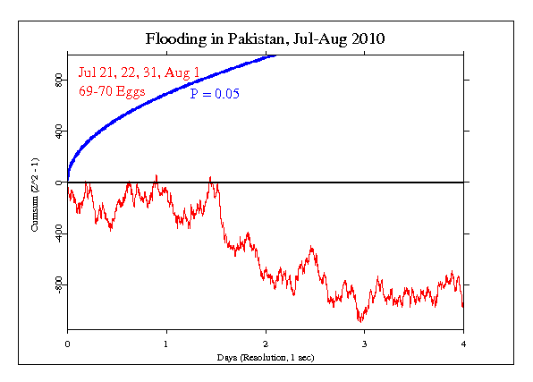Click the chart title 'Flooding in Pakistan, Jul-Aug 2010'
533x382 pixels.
click(266, 39)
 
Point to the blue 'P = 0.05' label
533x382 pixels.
click(214, 92)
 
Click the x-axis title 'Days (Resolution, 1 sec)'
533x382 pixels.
click(266, 357)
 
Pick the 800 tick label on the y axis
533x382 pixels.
click(58, 80)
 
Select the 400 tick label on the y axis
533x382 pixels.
click(58, 131)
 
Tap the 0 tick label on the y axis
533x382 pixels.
click(58, 182)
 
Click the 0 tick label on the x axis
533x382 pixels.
click(67, 343)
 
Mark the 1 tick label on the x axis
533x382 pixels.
click(166, 343)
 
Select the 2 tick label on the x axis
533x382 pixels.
click(266, 343)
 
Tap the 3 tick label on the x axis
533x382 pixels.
click(364, 343)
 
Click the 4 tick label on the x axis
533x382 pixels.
click(463, 343)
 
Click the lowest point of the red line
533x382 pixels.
click(360, 320)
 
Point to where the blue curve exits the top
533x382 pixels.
click(276, 55)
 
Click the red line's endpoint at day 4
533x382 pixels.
click(462, 307)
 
